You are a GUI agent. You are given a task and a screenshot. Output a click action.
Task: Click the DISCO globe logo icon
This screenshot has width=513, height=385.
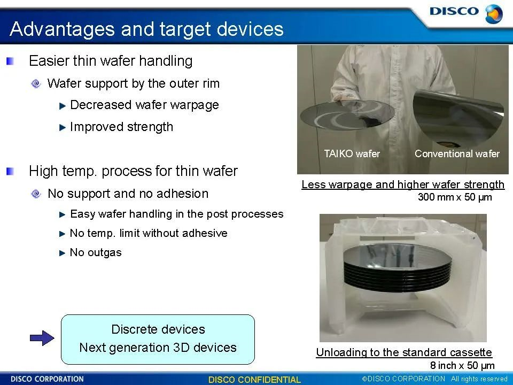pos(494,14)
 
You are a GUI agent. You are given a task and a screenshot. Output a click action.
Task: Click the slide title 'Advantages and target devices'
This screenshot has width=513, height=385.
pos(146,29)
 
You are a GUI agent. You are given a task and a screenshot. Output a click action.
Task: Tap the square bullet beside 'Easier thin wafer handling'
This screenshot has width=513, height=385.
pos(10,61)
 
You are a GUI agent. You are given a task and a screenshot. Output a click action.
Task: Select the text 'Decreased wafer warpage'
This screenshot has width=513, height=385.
pos(145,105)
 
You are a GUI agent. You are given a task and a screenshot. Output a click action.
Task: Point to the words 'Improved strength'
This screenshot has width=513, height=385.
pos(121,127)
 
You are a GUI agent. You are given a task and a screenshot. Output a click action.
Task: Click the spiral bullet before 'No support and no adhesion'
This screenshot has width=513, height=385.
pos(36,194)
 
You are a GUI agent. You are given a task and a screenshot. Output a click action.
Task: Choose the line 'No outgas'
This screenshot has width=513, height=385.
pos(96,252)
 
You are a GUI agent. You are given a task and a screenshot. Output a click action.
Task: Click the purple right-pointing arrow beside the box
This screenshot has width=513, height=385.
pos(42,338)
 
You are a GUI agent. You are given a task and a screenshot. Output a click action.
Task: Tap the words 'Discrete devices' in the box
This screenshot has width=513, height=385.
pos(158,329)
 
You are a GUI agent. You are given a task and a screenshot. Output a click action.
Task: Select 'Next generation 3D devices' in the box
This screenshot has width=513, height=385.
pos(158,348)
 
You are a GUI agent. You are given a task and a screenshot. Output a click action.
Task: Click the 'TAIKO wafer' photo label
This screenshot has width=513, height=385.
pos(352,153)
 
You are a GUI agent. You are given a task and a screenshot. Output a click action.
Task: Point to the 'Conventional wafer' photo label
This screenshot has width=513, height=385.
pos(457,153)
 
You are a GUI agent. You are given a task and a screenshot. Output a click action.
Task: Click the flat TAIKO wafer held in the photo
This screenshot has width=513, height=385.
pos(347,115)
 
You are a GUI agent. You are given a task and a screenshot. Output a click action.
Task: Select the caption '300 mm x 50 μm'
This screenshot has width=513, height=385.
pos(455,197)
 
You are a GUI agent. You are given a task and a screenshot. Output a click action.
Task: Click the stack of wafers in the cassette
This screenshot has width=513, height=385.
pos(398,267)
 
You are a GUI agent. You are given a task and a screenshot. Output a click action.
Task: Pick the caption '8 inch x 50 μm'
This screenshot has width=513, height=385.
pos(462,365)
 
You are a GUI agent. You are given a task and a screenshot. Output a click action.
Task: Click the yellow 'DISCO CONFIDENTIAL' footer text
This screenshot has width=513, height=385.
pos(254,380)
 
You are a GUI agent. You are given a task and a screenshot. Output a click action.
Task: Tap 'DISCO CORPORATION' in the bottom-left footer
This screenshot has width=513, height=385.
pos(47,379)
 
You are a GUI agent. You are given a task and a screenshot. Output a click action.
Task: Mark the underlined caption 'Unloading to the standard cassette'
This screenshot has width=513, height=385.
pos(404,352)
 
